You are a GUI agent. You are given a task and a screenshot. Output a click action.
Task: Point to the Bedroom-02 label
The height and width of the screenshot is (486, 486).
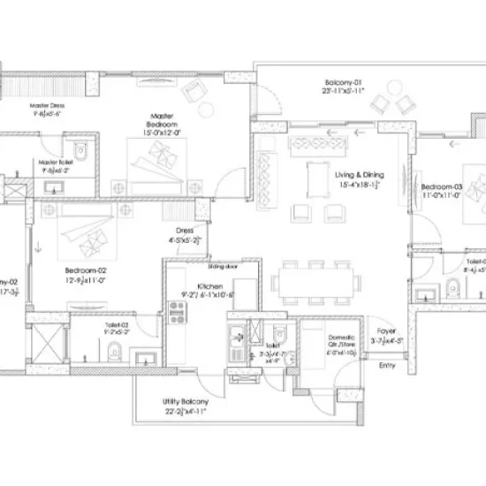click(x=86, y=270)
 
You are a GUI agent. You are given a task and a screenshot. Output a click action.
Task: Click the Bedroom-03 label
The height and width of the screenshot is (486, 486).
click(x=441, y=187)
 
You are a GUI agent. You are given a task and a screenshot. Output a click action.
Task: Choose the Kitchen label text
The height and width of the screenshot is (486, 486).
click(x=209, y=287)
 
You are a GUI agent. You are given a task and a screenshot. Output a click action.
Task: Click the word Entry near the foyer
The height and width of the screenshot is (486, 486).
click(x=387, y=365)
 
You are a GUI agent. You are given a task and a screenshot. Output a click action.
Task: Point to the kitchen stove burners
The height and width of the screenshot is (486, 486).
click(x=175, y=310)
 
